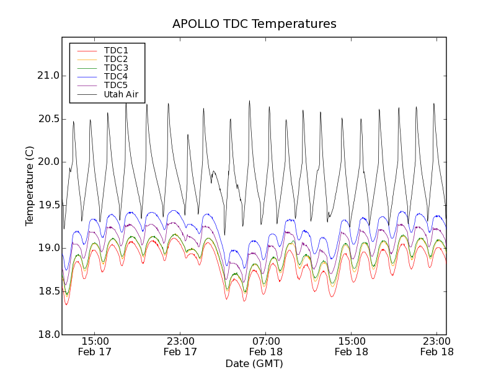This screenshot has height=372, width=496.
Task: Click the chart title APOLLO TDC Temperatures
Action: click(x=254, y=24)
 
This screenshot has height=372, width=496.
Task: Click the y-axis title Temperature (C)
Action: click(x=30, y=186)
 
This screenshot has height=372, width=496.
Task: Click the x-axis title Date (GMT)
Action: click(x=254, y=363)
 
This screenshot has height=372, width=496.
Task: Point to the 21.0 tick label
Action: click(x=47, y=76)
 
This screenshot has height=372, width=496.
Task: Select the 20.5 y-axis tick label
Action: click(x=47, y=118)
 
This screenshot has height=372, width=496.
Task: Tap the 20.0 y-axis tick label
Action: click(x=47, y=162)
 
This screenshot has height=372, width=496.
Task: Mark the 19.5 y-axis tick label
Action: click(x=47, y=205)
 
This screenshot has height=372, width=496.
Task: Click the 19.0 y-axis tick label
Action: click(x=47, y=248)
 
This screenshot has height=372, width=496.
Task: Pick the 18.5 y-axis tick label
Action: click(x=47, y=291)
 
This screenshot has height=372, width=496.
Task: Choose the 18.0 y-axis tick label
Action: click(x=47, y=335)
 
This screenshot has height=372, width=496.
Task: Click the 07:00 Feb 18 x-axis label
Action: click(x=266, y=346)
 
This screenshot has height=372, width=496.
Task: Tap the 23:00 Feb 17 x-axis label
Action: click(x=180, y=346)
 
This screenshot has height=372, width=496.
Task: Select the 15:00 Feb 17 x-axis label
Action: click(x=95, y=346)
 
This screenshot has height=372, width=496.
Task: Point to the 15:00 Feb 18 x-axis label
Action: click(x=352, y=346)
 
